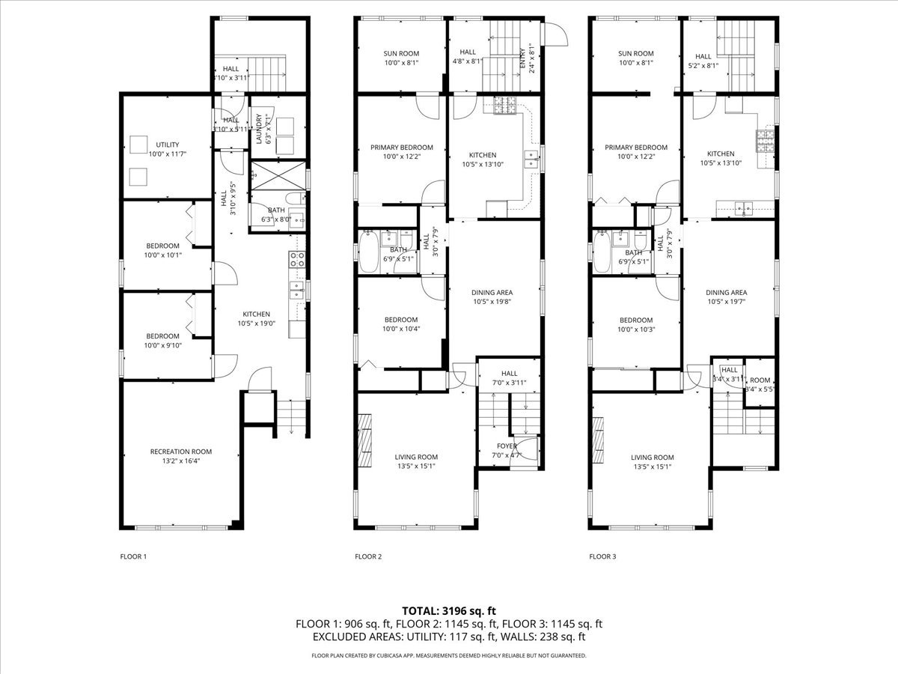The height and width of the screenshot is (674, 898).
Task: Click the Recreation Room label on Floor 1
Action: click(x=180, y=452)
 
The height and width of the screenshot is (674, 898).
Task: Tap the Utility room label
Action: click(x=168, y=145)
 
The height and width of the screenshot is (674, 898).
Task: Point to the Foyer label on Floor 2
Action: click(x=507, y=446)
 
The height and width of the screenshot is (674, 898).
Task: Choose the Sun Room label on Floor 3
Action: click(x=635, y=54)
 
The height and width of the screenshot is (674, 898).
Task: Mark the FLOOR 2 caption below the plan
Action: click(x=368, y=556)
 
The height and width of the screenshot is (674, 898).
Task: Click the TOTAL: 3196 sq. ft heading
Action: click(x=448, y=610)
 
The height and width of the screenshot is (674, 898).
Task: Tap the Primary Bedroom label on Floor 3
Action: click(x=635, y=148)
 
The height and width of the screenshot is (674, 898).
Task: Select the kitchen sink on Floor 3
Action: click(x=743, y=208)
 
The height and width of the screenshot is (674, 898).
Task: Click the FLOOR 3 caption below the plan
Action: click(x=602, y=556)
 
